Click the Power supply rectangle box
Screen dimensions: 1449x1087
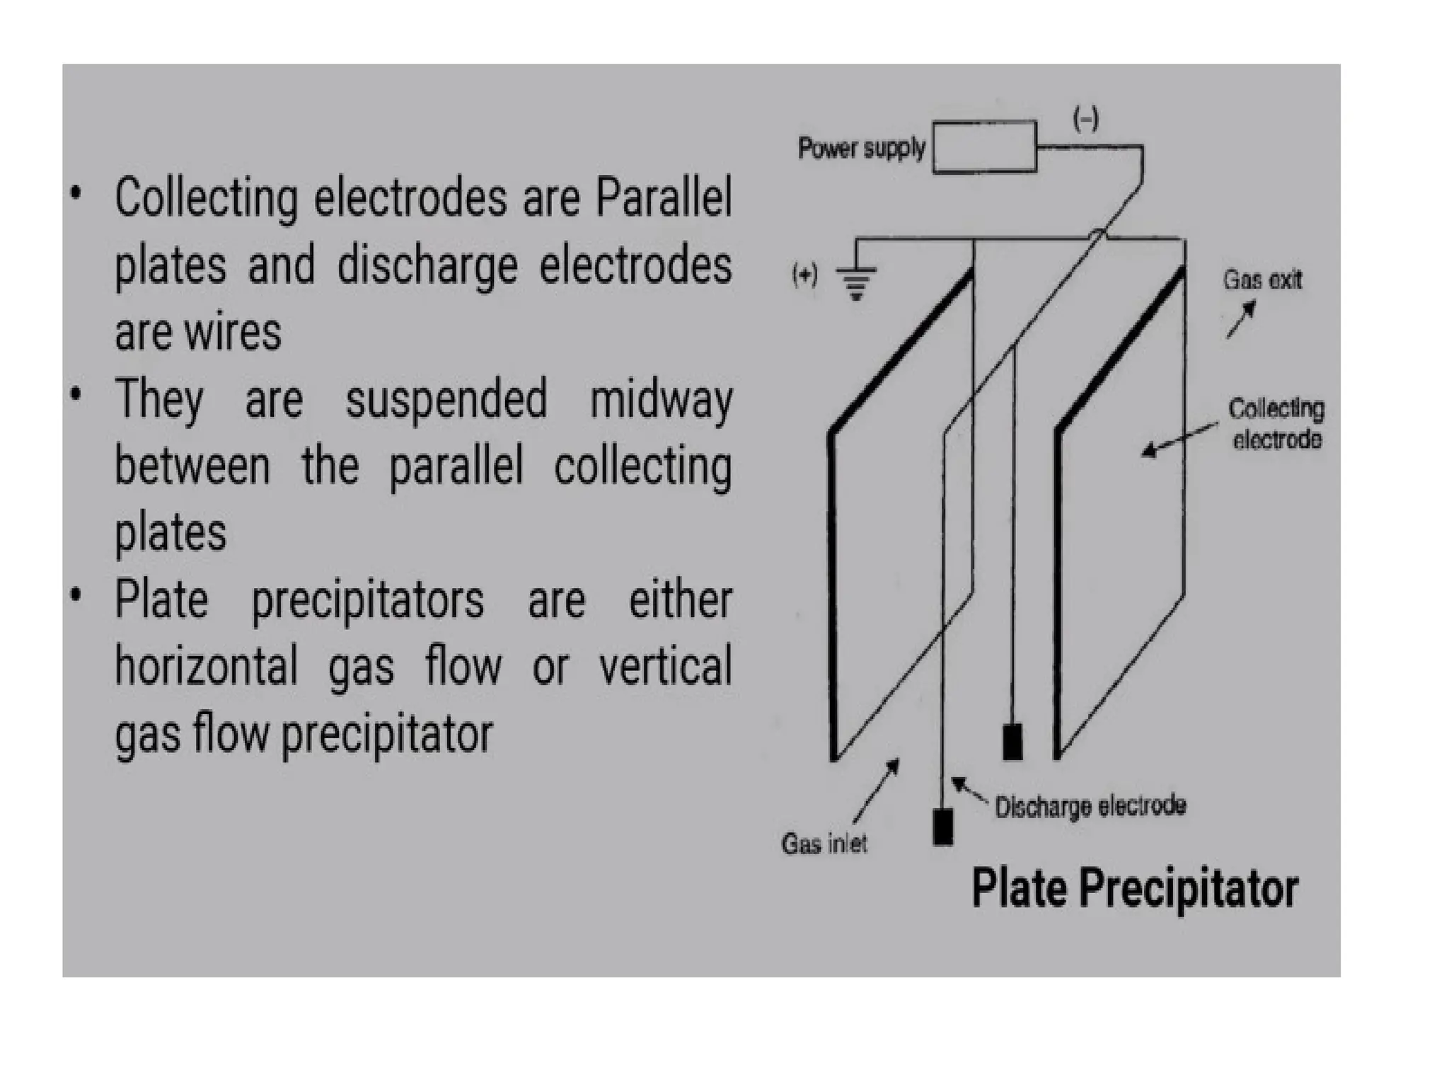(984, 147)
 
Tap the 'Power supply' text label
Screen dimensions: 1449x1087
(861, 148)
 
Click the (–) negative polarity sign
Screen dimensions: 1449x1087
(1086, 118)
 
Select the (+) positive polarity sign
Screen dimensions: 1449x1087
(805, 274)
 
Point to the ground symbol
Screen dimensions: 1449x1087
(856, 282)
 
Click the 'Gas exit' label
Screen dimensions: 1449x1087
(1263, 280)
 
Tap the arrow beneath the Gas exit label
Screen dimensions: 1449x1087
(1241, 319)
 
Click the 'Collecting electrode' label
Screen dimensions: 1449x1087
(1276, 424)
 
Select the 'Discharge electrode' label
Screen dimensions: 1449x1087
(1090, 807)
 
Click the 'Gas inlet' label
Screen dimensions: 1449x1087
(824, 844)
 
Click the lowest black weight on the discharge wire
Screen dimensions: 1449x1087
(942, 827)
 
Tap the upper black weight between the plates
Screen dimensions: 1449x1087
(1012, 742)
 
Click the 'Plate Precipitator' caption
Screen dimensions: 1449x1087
(1135, 889)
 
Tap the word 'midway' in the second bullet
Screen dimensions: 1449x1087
(661, 401)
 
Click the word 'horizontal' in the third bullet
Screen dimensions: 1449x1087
(207, 667)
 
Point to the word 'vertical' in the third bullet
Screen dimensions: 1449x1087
(665, 667)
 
